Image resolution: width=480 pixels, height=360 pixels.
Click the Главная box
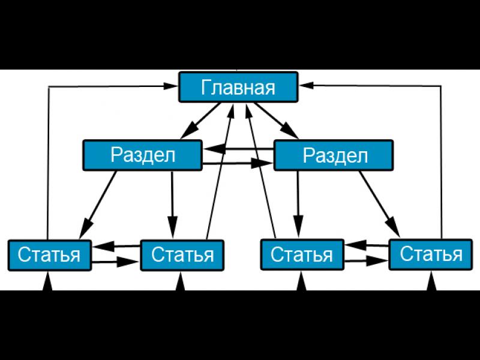(238, 88)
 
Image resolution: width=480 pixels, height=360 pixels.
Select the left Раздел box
(142, 155)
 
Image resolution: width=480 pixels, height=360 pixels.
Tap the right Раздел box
(334, 155)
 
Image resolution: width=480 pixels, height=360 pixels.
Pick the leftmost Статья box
(49, 254)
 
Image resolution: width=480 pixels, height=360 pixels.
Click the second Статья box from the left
(182, 254)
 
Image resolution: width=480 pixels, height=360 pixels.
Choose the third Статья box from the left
(301, 254)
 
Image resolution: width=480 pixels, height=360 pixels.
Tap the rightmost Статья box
(431, 254)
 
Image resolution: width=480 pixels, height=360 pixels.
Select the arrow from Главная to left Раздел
(200, 121)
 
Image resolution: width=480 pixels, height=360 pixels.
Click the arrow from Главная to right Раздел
(277, 121)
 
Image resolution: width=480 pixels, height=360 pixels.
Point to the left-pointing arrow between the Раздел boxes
(237, 149)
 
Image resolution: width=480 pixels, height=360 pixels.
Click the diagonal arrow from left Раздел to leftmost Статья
(100, 203)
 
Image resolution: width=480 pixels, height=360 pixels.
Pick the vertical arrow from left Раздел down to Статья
(173, 204)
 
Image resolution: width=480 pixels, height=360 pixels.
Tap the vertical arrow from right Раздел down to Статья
(296, 204)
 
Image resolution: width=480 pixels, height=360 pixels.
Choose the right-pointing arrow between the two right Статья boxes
(366, 262)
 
